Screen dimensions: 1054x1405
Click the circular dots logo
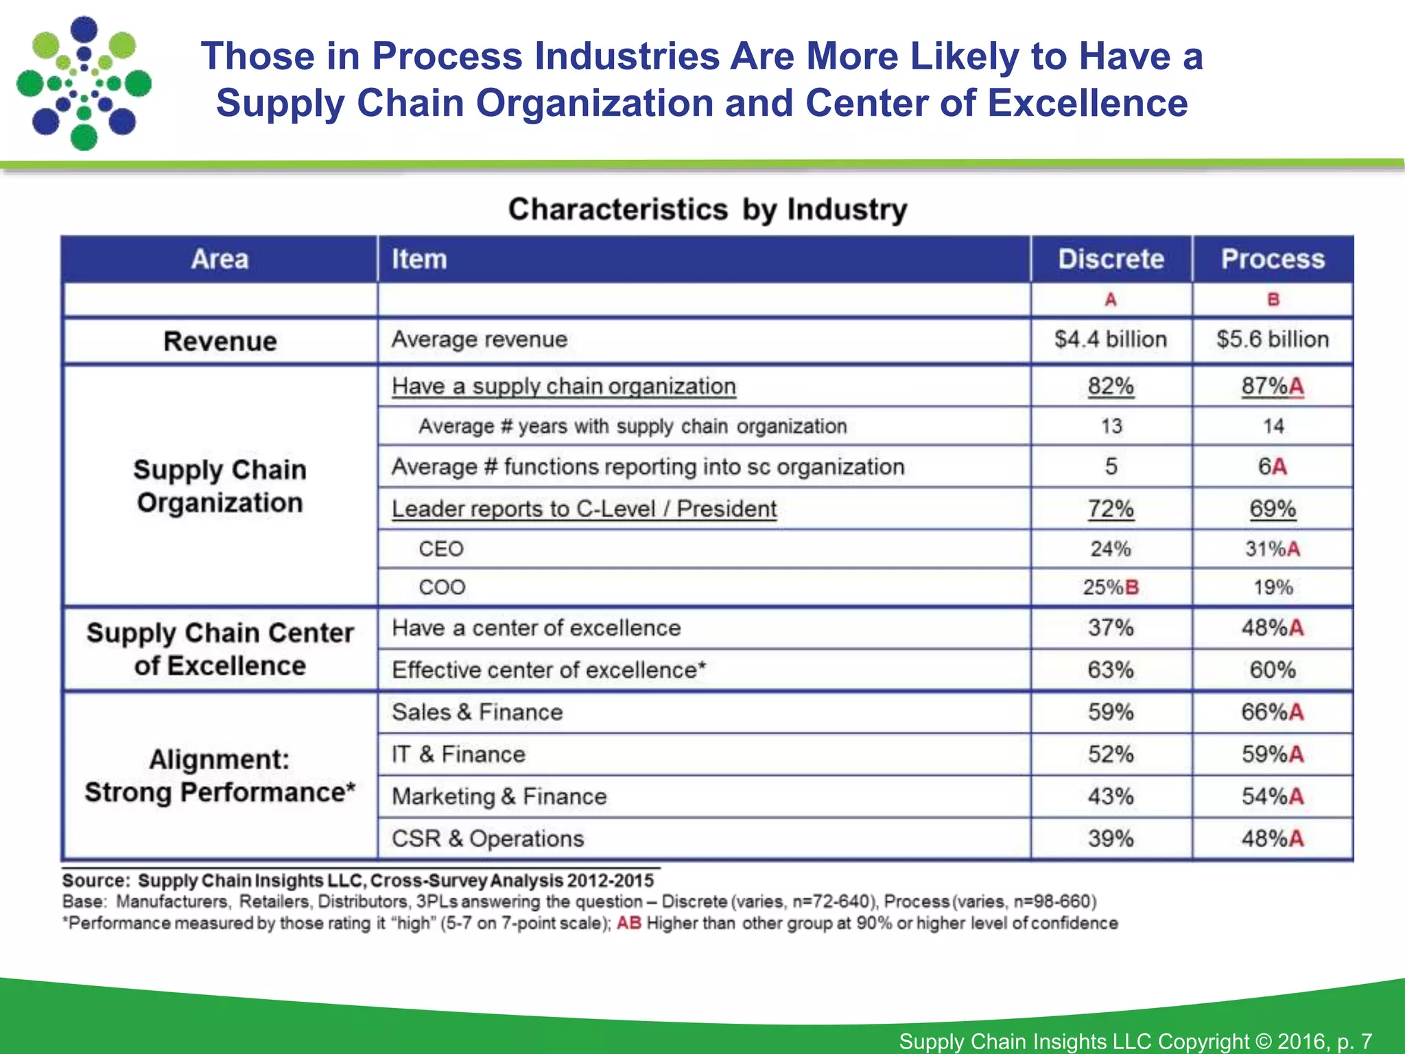pyautogui.click(x=84, y=84)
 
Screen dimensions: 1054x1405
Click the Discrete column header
pyautogui.click(x=1111, y=259)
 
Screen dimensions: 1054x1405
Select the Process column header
pyautogui.click(x=1273, y=259)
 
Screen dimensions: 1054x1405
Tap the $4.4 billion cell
pyautogui.click(x=1111, y=340)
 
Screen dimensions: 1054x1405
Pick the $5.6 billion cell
pyautogui.click(x=1273, y=340)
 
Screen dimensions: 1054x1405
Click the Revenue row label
pyautogui.click(x=220, y=341)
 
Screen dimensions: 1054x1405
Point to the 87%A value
pyautogui.click(x=1273, y=386)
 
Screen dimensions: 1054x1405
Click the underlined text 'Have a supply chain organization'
pyautogui.click(x=563, y=386)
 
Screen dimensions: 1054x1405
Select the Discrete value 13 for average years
pyautogui.click(x=1111, y=426)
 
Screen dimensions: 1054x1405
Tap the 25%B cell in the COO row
pyautogui.click(x=1111, y=587)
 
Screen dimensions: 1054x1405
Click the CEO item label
pyautogui.click(x=441, y=549)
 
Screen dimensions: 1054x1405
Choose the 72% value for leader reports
pyautogui.click(x=1111, y=509)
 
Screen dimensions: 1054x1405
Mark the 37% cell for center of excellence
pyautogui.click(x=1111, y=628)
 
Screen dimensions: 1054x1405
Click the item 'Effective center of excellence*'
pyautogui.click(x=549, y=670)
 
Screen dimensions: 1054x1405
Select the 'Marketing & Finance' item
pyautogui.click(x=499, y=797)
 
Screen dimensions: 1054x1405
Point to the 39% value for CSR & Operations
pyautogui.click(x=1111, y=839)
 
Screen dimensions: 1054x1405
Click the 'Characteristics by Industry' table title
pyautogui.click(x=707, y=209)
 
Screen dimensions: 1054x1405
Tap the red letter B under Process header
pyautogui.click(x=1273, y=300)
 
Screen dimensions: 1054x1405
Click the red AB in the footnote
pyautogui.click(x=628, y=924)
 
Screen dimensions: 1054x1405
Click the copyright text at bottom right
pyautogui.click(x=1135, y=1041)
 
